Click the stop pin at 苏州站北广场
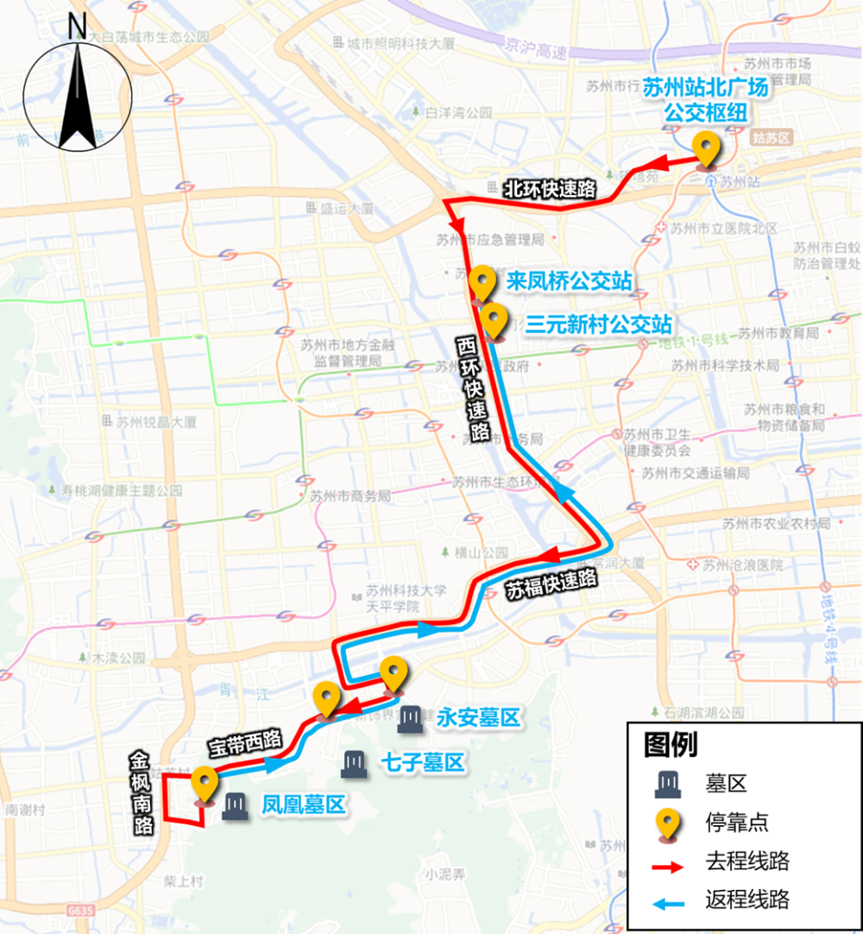[x=708, y=149]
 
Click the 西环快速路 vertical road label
[x=471, y=388]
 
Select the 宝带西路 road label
[x=245, y=742]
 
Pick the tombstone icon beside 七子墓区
[x=354, y=764]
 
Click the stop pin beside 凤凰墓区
[x=205, y=786]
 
